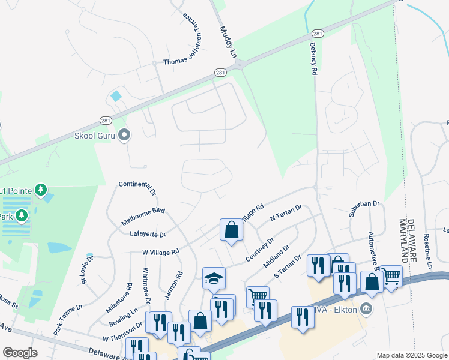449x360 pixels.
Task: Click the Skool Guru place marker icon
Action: click(124, 134)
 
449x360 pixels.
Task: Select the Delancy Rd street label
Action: click(313, 57)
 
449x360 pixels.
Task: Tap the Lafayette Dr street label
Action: click(148, 234)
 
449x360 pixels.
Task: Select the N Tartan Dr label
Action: click(286, 213)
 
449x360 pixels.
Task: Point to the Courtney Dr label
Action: click(260, 250)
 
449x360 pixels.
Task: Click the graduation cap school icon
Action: click(214, 277)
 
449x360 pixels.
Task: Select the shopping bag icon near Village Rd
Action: click(231, 229)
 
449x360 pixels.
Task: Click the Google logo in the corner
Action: click(20, 352)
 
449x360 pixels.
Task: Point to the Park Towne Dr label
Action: click(68, 319)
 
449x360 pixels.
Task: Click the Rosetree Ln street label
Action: click(429, 251)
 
